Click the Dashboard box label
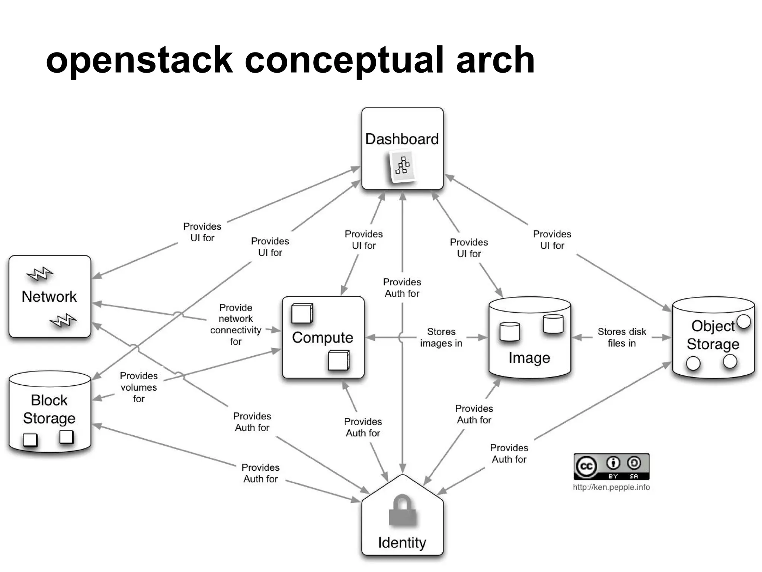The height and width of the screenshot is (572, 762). click(402, 139)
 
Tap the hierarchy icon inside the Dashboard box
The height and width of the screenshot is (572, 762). click(402, 166)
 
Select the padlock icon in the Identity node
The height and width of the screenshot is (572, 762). click(402, 511)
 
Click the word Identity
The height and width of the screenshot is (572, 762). click(402, 543)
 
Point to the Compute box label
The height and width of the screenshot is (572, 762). click(323, 337)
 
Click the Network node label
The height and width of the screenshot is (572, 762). click(49, 296)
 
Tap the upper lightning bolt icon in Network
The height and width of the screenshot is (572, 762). click(40, 274)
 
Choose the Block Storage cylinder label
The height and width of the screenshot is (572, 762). click(49, 409)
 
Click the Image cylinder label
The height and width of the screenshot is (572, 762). click(529, 357)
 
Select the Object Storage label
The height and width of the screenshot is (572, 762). click(713, 335)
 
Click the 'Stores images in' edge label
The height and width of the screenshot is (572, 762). click(441, 337)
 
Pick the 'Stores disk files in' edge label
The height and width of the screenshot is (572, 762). click(621, 337)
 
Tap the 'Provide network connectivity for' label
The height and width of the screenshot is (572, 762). click(236, 324)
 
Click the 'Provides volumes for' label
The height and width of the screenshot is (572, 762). click(139, 387)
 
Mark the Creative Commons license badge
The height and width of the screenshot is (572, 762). click(611, 467)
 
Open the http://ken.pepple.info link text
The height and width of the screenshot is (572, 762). click(611, 487)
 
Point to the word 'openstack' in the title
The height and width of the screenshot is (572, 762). click(139, 60)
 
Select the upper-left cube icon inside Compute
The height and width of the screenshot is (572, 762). click(302, 313)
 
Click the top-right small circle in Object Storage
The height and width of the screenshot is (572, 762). click(743, 321)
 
